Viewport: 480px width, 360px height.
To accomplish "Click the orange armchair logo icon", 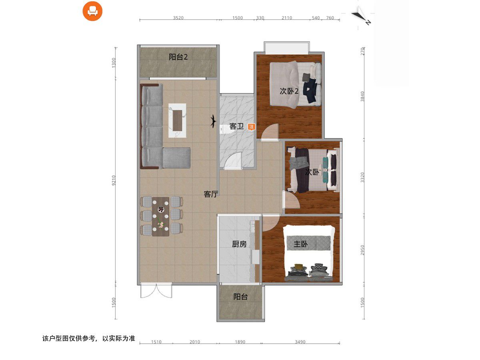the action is click(92, 11).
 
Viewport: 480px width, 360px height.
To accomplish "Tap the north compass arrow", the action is click(360, 16).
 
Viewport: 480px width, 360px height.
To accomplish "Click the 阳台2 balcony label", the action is click(178, 57).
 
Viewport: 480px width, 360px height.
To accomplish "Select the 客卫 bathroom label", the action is click(236, 126).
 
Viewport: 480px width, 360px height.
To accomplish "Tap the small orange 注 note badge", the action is click(251, 127).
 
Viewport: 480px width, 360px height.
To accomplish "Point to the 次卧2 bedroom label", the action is click(289, 91).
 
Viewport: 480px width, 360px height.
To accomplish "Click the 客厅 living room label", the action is click(211, 194).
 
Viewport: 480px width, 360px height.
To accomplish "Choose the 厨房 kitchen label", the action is click(239, 244).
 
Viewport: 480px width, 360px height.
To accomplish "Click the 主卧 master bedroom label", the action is click(300, 244).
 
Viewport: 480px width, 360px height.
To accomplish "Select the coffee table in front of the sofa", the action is click(177, 120).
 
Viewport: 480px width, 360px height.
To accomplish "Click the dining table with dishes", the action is click(160, 217).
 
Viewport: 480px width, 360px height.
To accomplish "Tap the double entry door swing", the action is click(156, 291).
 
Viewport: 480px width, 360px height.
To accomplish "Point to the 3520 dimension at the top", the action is click(178, 18).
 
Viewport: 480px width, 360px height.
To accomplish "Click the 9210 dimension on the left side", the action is click(114, 180).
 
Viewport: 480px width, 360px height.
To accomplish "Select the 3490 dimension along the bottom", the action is click(300, 342).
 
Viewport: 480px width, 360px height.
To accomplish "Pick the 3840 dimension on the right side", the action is click(362, 96).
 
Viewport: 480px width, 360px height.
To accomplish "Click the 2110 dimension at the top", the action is click(287, 18).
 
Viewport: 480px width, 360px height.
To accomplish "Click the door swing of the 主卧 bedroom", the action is click(271, 223).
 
